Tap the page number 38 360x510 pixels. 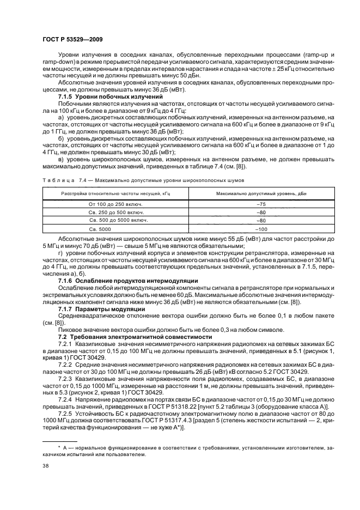pos(46,466)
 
